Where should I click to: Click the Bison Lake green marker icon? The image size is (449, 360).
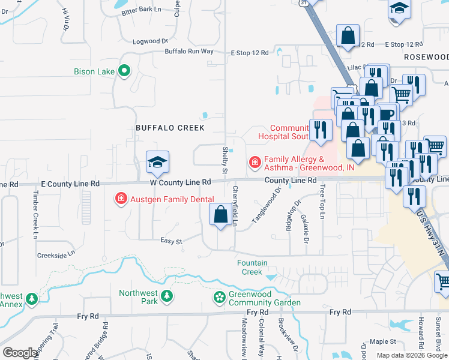[x=124, y=71]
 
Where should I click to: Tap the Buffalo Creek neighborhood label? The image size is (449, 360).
[x=170, y=128]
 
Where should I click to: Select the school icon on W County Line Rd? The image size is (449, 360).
[x=158, y=163]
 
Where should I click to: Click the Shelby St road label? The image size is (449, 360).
[x=226, y=161]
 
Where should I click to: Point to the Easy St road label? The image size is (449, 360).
[x=171, y=241]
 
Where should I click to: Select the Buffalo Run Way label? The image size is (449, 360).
[x=190, y=52]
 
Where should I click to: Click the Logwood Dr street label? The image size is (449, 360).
[x=150, y=41]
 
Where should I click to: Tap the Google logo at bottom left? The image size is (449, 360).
[x=20, y=353]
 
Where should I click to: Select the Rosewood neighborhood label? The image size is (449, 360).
[x=426, y=56]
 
